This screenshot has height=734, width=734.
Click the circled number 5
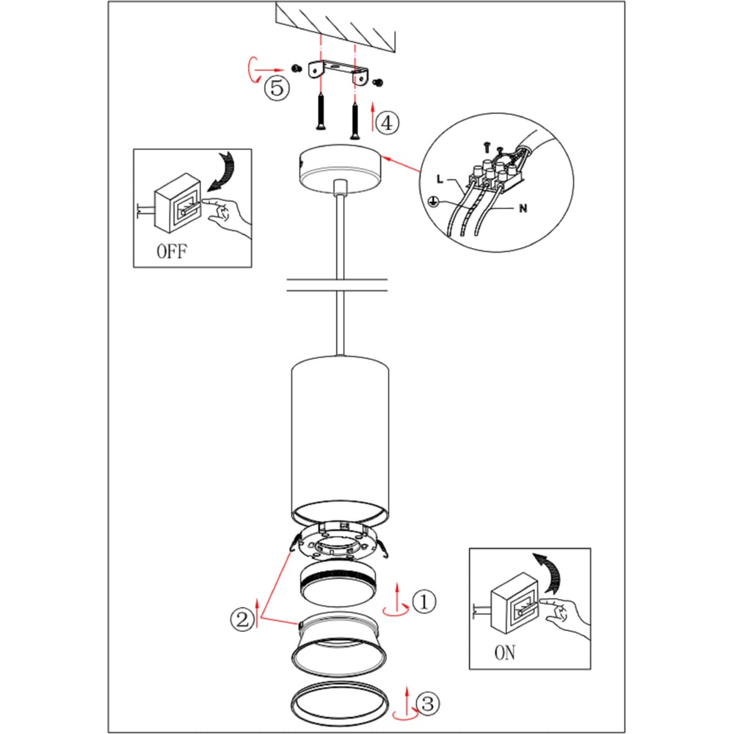pos(277,87)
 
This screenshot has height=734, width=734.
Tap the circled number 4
pos(388,123)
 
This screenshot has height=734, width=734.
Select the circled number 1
pos(424,601)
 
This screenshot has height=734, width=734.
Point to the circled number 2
pos(242,619)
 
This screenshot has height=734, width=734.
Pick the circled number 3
pos(427,704)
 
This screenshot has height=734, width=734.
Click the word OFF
pos(172,251)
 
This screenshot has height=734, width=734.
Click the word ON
pos(505,653)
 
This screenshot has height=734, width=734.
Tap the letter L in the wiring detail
pos(440,179)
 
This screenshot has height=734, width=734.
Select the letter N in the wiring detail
pos(523,208)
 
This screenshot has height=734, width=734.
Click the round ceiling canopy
pos(341,169)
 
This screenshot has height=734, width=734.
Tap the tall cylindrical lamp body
pos(341,440)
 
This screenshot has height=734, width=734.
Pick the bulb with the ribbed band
pos(338,585)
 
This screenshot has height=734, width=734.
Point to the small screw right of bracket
pos(378,83)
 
